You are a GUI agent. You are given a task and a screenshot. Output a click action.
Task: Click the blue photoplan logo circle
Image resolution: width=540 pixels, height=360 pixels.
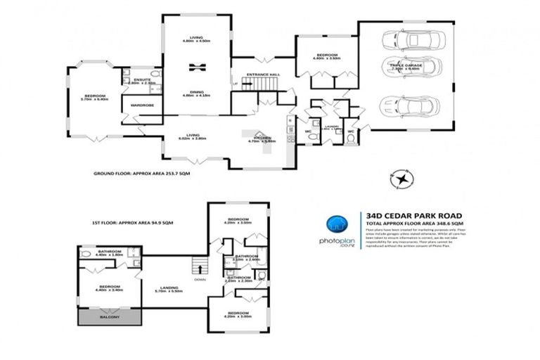[x=338, y=226]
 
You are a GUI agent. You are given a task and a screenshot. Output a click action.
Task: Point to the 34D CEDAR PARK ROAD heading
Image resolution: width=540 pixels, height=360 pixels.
[x=409, y=216]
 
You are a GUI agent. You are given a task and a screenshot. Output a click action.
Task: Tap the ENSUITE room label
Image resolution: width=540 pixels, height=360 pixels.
[x=143, y=80]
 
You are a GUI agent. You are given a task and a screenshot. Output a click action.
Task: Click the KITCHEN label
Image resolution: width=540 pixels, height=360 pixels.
[x=258, y=137]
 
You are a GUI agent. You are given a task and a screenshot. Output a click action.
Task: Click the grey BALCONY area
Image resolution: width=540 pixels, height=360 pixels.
[x=110, y=318]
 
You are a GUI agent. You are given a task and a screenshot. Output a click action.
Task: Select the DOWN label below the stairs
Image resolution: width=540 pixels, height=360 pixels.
[x=201, y=278]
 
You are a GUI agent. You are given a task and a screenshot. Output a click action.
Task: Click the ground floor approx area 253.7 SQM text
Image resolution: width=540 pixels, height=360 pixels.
[x=142, y=172]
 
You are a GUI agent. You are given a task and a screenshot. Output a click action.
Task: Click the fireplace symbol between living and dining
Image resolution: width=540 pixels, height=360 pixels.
[x=196, y=67]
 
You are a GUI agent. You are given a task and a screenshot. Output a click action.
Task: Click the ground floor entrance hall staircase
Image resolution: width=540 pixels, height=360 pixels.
[x=266, y=85]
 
